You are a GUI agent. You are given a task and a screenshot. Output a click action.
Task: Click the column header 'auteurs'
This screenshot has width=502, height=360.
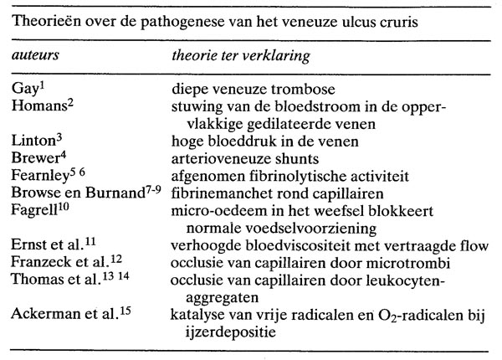coord(36,53)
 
